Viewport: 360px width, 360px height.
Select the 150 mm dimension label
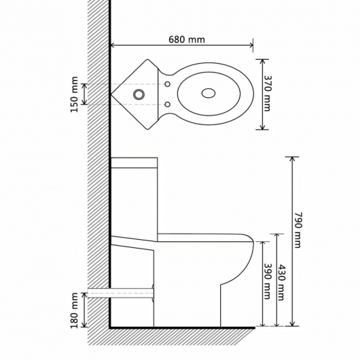[x=73, y=94]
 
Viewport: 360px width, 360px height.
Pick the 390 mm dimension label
[x=268, y=281]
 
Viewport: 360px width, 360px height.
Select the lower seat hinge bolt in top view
[x=167, y=102]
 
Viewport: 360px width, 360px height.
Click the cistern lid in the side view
[x=134, y=162]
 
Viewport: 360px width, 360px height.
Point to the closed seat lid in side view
[x=204, y=237]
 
